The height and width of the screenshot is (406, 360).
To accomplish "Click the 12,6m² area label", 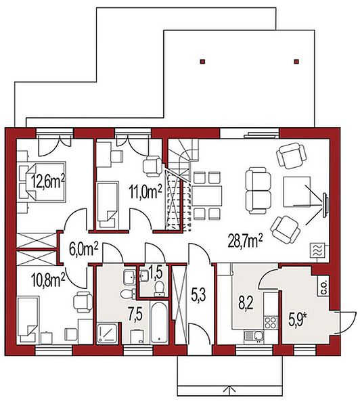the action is pyautogui.click(x=48, y=182).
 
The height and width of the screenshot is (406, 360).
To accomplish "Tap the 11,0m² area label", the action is pyautogui.click(x=145, y=192).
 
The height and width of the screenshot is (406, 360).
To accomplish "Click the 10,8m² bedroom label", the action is pyautogui.click(x=49, y=281).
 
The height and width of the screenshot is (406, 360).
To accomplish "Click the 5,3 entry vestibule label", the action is pyautogui.click(x=198, y=295).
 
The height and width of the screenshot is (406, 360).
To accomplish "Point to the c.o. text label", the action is pyautogui.click(x=325, y=288).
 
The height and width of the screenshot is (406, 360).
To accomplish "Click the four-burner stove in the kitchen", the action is pyautogui.click(x=271, y=323).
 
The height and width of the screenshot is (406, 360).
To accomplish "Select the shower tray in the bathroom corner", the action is pyautogui.click(x=108, y=333).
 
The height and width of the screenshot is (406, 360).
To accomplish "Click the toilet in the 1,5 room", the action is pyautogui.click(x=159, y=288).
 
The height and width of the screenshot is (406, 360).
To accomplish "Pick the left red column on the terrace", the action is pyautogui.click(x=203, y=62).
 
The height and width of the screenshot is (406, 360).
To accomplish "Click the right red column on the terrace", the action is pyautogui.click(x=296, y=62).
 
